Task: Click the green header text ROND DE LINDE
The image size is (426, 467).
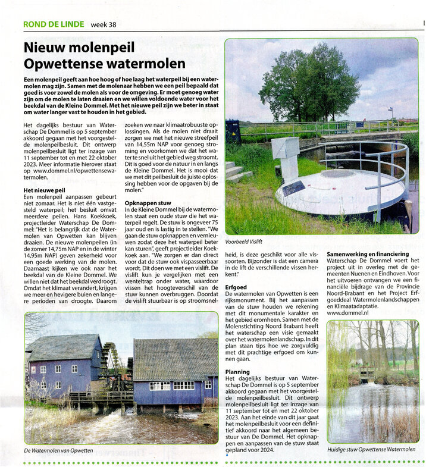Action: coord(53,24)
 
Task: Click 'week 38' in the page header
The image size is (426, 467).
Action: coord(104,24)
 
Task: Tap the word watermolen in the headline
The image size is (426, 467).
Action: coord(143,63)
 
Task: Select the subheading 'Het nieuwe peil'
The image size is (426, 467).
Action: coord(45,190)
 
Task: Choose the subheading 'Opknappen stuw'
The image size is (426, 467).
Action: coord(148,203)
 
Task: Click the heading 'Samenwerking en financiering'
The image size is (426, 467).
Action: coord(372,253)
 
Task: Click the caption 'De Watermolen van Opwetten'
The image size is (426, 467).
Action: coord(58,450)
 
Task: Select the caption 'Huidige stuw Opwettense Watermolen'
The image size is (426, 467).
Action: coord(371,450)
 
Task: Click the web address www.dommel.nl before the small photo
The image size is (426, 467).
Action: coord(347,312)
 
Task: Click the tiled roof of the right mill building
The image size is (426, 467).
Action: coord(175,359)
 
